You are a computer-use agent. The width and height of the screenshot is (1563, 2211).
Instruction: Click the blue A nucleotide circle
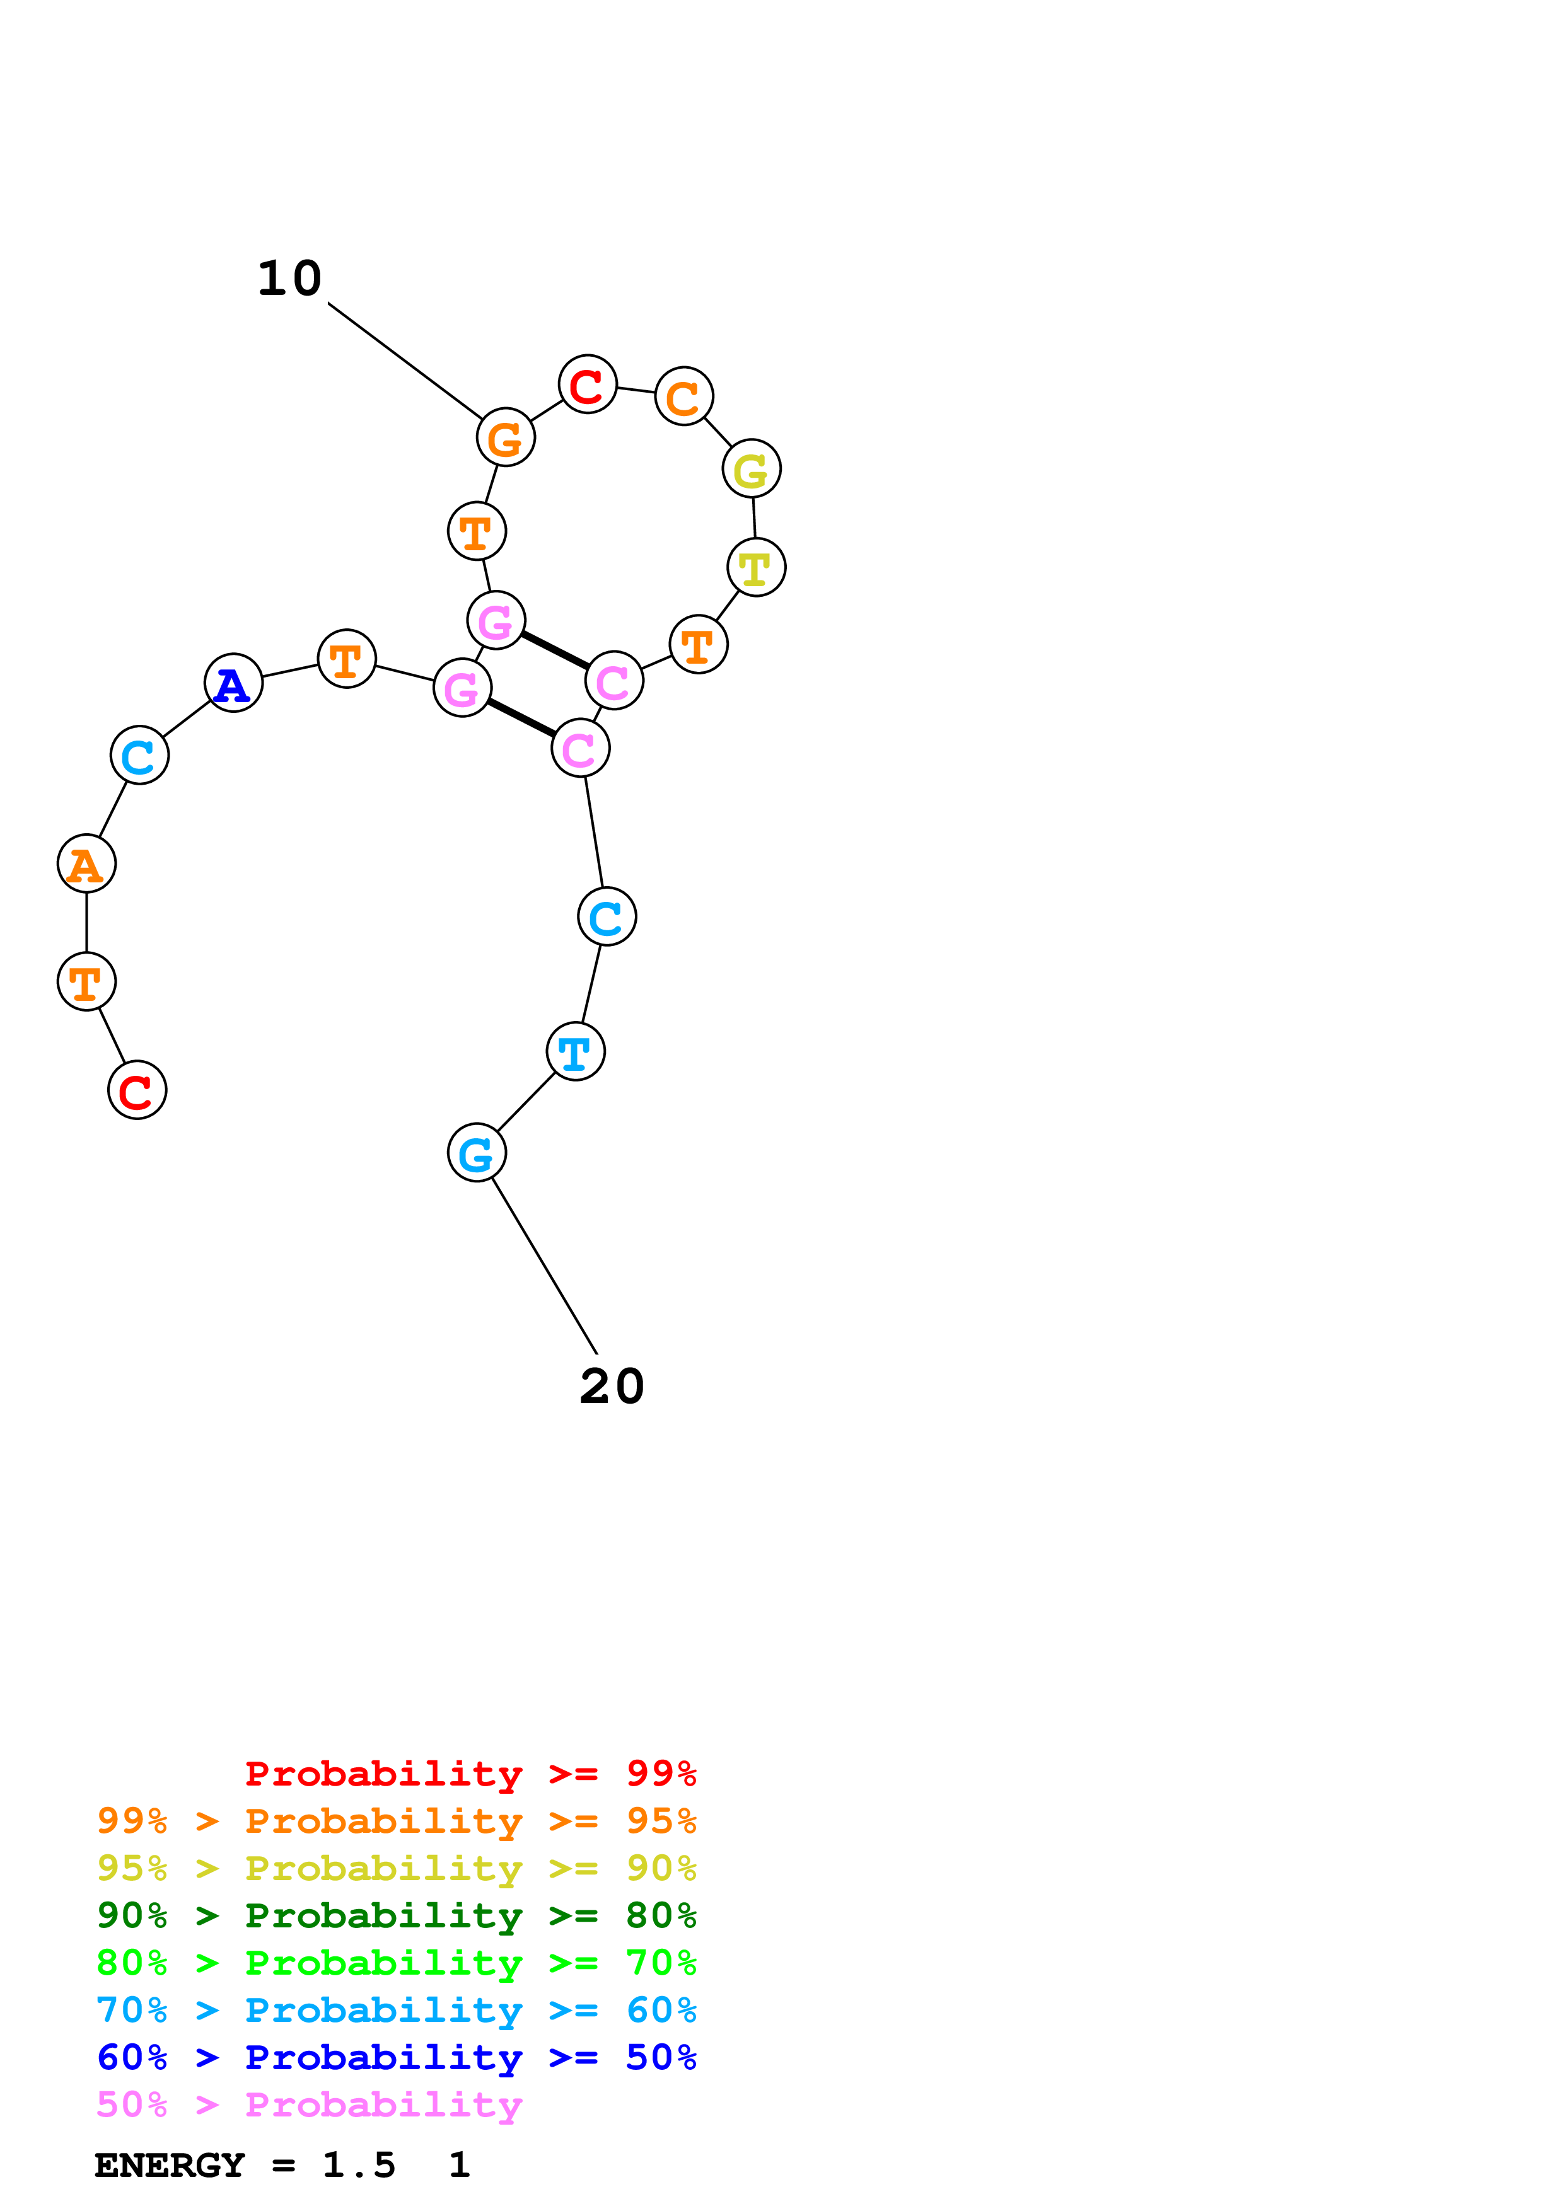[x=233, y=683]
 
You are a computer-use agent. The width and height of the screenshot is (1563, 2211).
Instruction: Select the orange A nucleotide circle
[x=86, y=864]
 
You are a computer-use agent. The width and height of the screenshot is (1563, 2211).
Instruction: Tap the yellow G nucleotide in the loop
[x=751, y=469]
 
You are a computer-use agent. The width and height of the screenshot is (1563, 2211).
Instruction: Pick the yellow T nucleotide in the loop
[x=756, y=567]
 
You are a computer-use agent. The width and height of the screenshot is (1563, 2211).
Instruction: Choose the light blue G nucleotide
[x=477, y=1153]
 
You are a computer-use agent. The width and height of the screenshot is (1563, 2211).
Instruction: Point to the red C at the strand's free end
[x=137, y=1090]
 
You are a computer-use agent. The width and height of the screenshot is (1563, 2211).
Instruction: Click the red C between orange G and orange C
[x=588, y=384]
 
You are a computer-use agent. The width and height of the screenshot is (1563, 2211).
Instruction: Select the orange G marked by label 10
[x=506, y=437]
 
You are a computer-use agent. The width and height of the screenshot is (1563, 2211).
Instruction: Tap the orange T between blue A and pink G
[x=347, y=659]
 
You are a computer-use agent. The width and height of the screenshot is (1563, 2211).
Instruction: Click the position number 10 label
[x=289, y=279]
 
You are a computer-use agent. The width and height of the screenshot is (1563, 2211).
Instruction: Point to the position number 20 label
[x=612, y=1387]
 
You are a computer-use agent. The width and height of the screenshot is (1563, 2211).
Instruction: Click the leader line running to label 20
[x=544, y=1266]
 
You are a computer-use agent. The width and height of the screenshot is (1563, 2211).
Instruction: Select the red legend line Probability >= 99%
[x=470, y=1773]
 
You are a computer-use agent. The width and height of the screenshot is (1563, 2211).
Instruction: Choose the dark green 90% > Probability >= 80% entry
[x=396, y=1915]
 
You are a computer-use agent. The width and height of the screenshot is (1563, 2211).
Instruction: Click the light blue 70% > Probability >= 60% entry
[x=396, y=2010]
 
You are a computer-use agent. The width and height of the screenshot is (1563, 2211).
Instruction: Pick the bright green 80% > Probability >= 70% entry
[x=396, y=1963]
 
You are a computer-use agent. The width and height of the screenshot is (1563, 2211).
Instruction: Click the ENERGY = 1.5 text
[x=245, y=2166]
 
